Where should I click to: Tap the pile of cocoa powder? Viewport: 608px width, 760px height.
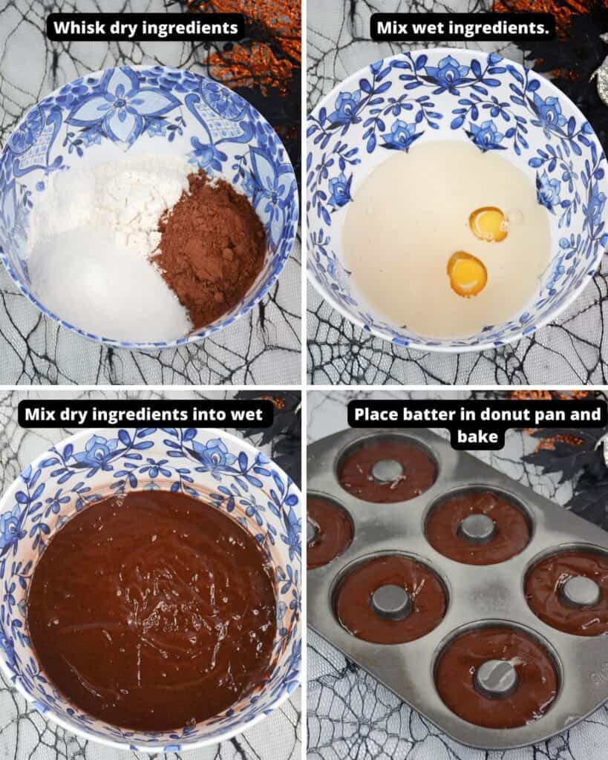point(209,247)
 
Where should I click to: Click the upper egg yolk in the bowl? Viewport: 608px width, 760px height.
point(488,224)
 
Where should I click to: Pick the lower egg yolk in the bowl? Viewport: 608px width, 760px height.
point(466,274)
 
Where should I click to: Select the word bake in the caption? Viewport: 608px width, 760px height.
point(477,436)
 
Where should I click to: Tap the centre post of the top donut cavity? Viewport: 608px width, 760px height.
point(387,471)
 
